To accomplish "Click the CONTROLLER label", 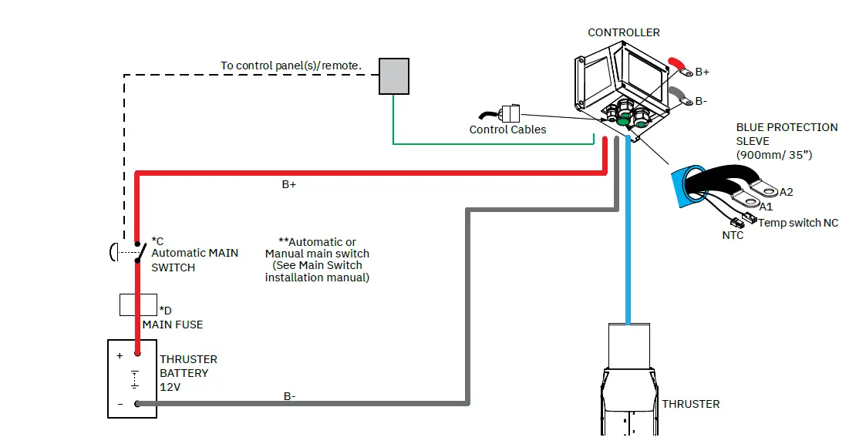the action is [624, 32].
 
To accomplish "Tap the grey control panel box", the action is [394, 76].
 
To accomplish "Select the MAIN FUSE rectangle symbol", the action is [138, 304].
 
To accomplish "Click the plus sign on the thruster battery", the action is [120, 355].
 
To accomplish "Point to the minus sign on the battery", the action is [120, 404].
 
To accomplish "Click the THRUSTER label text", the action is [691, 404].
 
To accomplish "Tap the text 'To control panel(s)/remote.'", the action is [291, 66].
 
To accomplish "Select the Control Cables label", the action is [507, 129].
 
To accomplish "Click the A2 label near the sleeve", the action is [786, 192].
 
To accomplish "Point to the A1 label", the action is [766, 207].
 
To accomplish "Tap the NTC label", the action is [733, 235].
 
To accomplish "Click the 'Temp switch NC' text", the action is [798, 223].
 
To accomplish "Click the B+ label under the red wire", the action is [289, 184].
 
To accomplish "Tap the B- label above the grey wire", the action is [289, 396].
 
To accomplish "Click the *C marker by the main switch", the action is [157, 241].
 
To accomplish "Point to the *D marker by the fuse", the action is [165, 311].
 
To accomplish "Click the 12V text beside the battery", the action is [170, 387].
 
